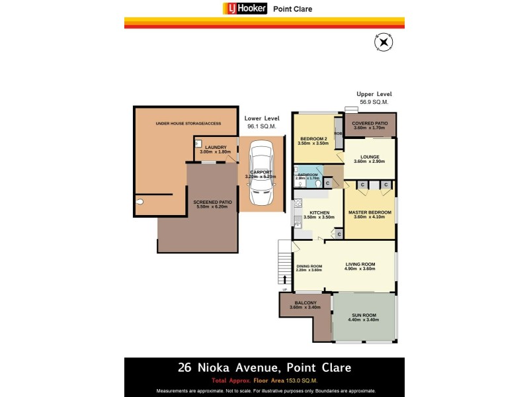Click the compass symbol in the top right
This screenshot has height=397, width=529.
384,42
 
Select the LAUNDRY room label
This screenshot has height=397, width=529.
216,147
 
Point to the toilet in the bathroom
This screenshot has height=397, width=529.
319,184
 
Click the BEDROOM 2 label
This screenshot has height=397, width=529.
313,138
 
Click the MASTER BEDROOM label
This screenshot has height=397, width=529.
370,212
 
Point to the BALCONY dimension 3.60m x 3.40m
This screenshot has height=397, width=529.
305,307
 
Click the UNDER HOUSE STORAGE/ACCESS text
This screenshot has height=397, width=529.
188,124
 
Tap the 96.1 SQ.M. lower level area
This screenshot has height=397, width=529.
261,126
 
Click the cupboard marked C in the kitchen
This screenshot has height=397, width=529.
339,234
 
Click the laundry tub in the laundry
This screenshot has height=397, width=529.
198,142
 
